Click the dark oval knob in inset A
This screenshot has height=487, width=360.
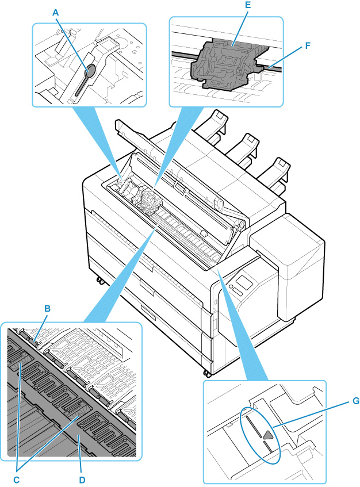coord(90,70)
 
